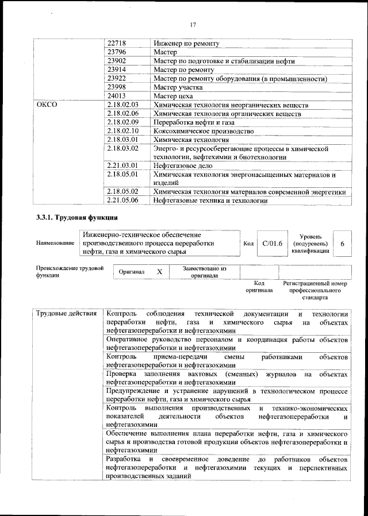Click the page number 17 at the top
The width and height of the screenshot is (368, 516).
193,24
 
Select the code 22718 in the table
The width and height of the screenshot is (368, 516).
117,43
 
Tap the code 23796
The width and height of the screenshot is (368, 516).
117,52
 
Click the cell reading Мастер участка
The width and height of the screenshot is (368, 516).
178,87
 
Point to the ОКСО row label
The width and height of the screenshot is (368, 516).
47,105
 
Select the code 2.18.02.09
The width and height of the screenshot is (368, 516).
123,122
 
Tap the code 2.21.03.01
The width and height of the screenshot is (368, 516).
123,165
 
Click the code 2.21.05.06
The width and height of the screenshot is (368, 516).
123,200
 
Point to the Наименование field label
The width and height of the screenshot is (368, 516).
55,244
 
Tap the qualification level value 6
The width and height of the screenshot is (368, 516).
343,244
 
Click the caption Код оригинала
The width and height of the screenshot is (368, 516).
259,287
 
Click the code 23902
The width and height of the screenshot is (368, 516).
117,61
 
